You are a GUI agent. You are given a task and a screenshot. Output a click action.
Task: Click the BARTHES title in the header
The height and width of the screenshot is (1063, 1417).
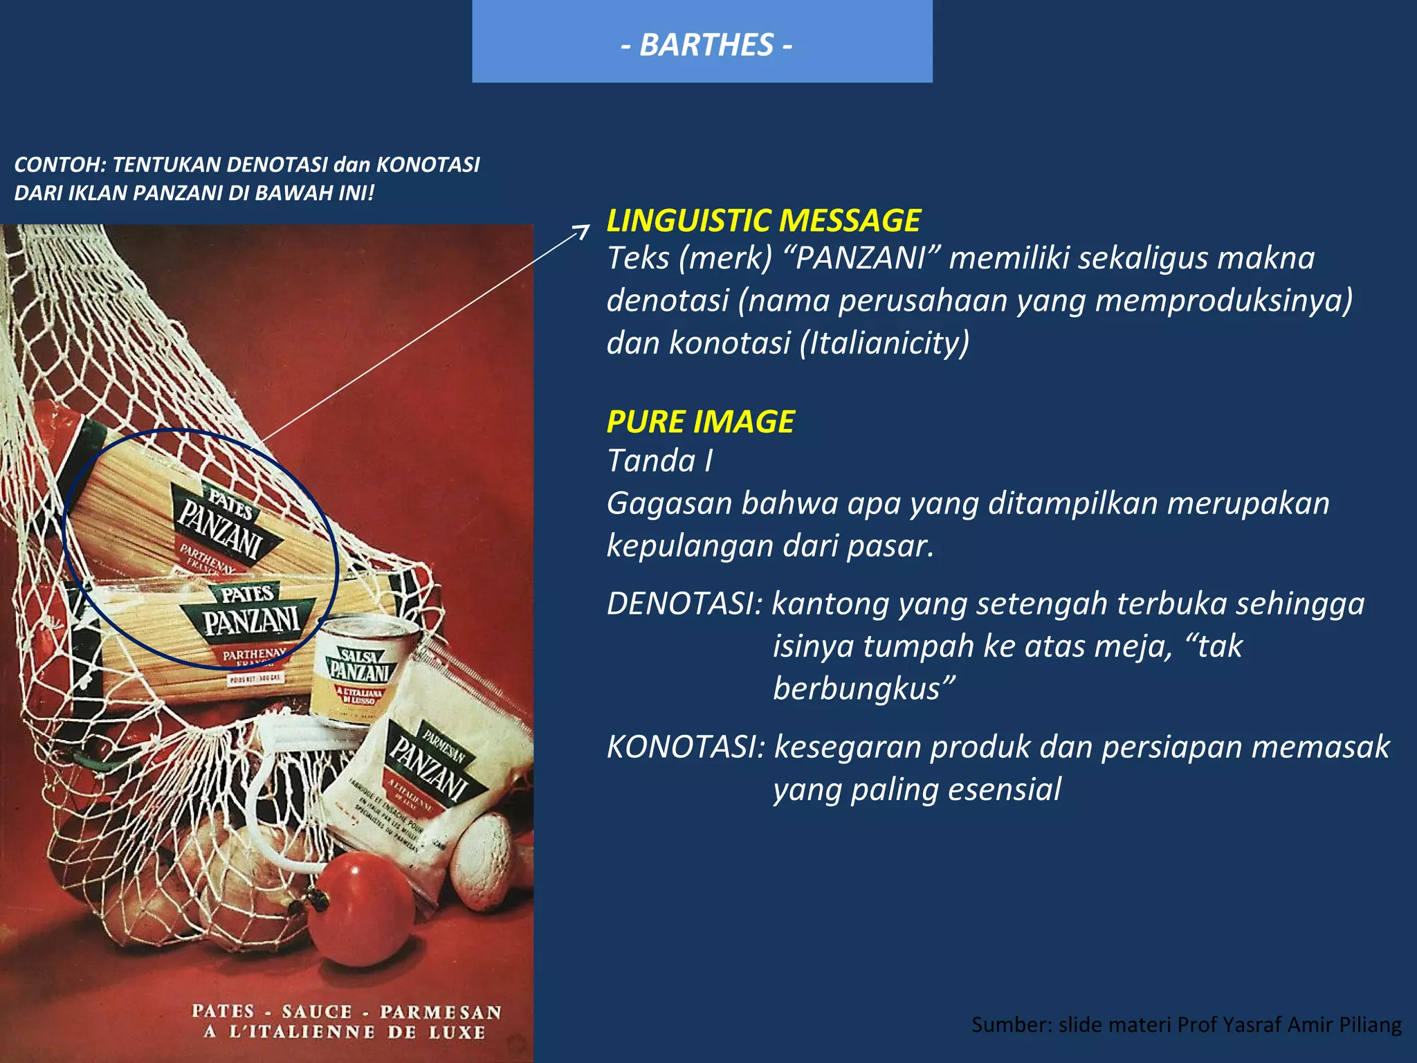[706, 45]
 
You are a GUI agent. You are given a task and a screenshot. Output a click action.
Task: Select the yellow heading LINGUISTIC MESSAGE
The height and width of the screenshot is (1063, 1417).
[763, 221]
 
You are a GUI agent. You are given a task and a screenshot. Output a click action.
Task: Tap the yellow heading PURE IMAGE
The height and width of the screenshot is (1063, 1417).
[700, 421]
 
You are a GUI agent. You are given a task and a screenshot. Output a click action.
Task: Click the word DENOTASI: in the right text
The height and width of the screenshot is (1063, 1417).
[684, 603]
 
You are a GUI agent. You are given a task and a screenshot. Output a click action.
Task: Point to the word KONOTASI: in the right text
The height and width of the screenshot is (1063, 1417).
[686, 747]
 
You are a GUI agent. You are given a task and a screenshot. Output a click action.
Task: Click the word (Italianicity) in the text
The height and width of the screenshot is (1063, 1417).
[884, 343]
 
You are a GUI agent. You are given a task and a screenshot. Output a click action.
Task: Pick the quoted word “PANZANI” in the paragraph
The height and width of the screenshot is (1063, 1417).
[861, 258]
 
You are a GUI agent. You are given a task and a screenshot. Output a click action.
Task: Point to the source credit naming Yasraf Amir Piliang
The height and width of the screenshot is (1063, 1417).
[1186, 1024]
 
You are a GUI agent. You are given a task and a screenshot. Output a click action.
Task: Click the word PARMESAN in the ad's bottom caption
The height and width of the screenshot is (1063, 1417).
[441, 1012]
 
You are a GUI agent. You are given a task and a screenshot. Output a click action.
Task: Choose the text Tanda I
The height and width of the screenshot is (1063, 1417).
[659, 461]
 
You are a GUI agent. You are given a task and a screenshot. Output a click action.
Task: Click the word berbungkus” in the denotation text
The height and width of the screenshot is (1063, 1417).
[864, 689]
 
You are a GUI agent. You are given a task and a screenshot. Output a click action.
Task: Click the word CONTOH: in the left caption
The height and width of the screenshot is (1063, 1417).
[60, 165]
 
